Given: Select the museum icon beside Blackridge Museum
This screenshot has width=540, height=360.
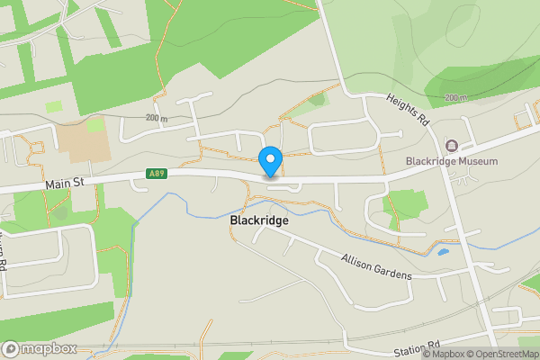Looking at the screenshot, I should click(452, 145).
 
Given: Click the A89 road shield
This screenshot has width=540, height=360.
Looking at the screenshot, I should click(157, 174).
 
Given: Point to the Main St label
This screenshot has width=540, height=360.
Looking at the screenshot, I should click(64, 184).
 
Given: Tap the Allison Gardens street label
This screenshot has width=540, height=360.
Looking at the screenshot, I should click(376, 266).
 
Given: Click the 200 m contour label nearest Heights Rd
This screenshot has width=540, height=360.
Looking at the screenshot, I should click(455, 97).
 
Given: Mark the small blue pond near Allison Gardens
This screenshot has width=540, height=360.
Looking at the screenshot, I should click(443, 251).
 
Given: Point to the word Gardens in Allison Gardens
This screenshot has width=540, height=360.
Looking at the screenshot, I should click(393, 271).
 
